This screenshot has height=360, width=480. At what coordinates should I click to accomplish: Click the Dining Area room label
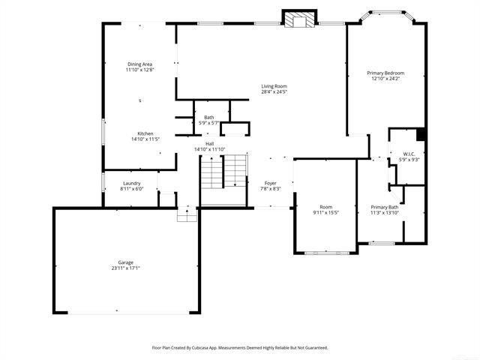(140, 64)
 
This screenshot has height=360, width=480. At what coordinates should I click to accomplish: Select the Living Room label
(274, 86)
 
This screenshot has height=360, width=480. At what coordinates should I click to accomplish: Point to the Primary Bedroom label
(385, 73)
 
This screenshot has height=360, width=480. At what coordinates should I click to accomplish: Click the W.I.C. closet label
(409, 154)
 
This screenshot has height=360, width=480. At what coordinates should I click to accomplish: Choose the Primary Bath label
(385, 207)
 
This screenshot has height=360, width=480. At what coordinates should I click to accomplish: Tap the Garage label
(125, 262)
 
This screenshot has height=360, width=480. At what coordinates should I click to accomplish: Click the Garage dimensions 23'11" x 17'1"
(125, 268)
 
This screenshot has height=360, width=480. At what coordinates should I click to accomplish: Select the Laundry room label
(131, 183)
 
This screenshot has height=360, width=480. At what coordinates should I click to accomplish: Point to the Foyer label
(270, 183)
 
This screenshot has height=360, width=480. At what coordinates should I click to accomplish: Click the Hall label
(210, 144)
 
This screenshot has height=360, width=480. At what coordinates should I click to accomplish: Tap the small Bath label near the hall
(208, 117)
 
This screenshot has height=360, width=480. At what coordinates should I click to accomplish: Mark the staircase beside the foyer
(224, 178)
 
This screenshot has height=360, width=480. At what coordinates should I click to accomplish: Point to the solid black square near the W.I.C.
(421, 134)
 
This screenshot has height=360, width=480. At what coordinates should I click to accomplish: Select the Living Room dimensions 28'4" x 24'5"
(274, 92)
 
